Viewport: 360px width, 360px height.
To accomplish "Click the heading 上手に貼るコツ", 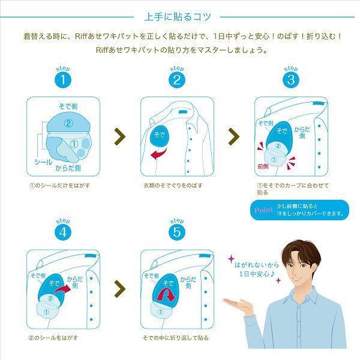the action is [x=178, y=17].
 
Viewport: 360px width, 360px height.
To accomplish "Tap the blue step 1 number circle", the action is [x=63, y=80].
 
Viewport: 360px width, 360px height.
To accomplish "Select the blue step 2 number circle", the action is [x=177, y=80].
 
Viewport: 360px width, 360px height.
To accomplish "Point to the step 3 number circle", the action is [x=291, y=80].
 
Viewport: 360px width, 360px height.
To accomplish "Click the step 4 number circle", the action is [x=63, y=232].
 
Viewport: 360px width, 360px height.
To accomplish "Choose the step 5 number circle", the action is [x=177, y=232].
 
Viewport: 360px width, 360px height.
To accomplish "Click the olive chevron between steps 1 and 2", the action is [x=120, y=137].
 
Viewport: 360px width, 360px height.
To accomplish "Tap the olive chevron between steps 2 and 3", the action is [x=234, y=137].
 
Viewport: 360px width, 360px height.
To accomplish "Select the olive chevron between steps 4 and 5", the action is [x=120, y=289].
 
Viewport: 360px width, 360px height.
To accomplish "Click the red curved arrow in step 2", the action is [x=159, y=154].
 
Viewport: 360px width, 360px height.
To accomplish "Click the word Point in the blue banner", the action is [x=263, y=210].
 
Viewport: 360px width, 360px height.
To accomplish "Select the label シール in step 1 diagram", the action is [x=43, y=163].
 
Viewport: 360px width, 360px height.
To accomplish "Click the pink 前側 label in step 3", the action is [x=263, y=166].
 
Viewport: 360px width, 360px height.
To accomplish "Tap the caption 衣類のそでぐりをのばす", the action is [x=173, y=185].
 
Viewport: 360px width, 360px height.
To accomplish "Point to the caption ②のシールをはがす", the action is [x=53, y=338].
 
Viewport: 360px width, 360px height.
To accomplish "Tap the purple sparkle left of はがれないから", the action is [x=231, y=259].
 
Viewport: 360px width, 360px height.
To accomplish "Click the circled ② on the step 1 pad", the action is [x=68, y=124].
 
